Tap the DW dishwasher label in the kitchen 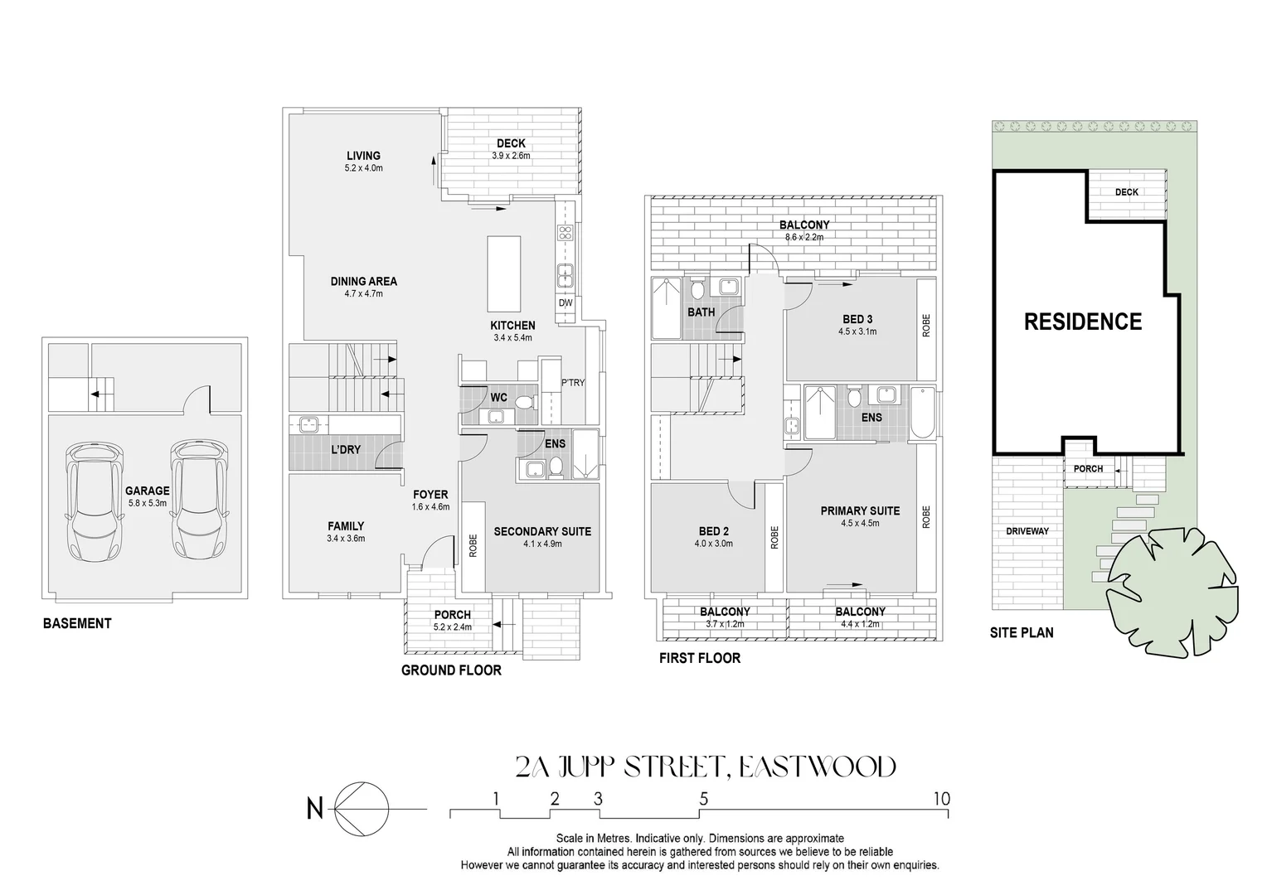pos(566,303)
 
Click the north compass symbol pos(362,807)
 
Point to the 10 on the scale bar pos(940,799)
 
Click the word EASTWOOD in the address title pos(817,767)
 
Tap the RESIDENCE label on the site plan pos(1083,322)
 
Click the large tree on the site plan pos(1172,584)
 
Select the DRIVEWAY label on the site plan pos(1027,531)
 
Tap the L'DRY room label pos(346,449)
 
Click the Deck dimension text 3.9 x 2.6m pos(511,156)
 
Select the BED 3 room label pos(857,319)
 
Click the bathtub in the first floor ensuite pos(922,413)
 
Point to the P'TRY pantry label pos(573,383)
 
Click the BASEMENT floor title pos(77,623)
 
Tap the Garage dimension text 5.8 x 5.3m pos(147,503)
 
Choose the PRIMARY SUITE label pos(860,510)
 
